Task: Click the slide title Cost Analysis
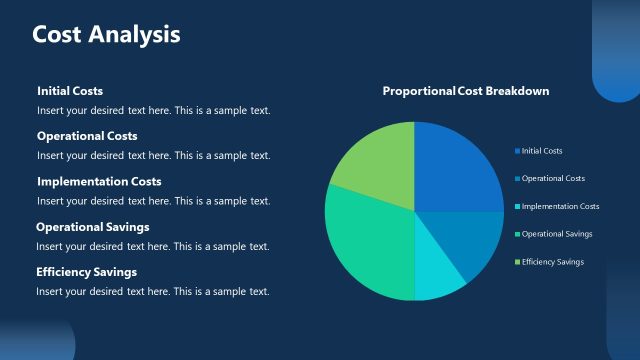coord(106,34)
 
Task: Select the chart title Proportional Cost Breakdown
coord(465,91)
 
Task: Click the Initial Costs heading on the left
coord(70,91)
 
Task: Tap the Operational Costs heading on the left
coord(87,136)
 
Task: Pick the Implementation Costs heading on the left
coord(99,182)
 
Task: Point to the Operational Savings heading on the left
coord(93,227)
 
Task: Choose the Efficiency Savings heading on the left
coord(87,272)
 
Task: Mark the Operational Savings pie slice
coord(365,245)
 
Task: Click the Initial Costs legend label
coord(541,151)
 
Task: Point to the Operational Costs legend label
coord(553,178)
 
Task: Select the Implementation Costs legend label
coord(560,206)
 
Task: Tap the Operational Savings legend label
coord(557,234)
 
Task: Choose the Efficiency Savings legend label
coord(552,262)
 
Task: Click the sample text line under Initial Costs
coord(153,110)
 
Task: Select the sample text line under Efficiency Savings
coord(153,291)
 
